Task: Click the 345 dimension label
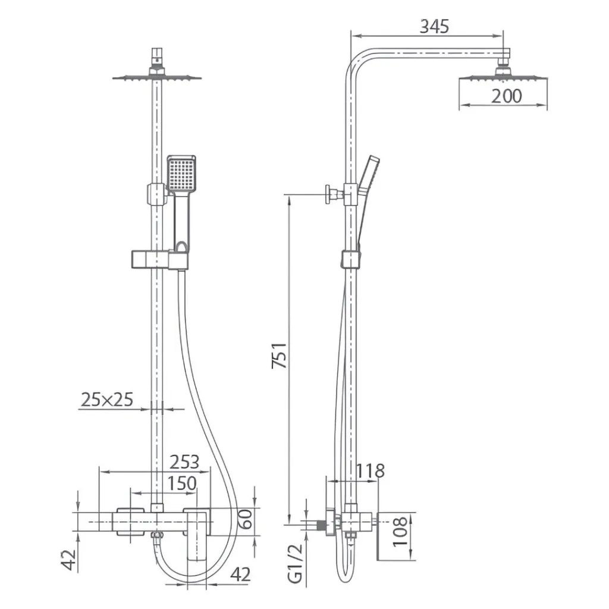434,26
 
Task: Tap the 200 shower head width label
507,96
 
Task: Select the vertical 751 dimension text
280,356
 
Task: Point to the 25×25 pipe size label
107,399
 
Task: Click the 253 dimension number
184,462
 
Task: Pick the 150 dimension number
182,484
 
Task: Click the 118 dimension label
370,471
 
